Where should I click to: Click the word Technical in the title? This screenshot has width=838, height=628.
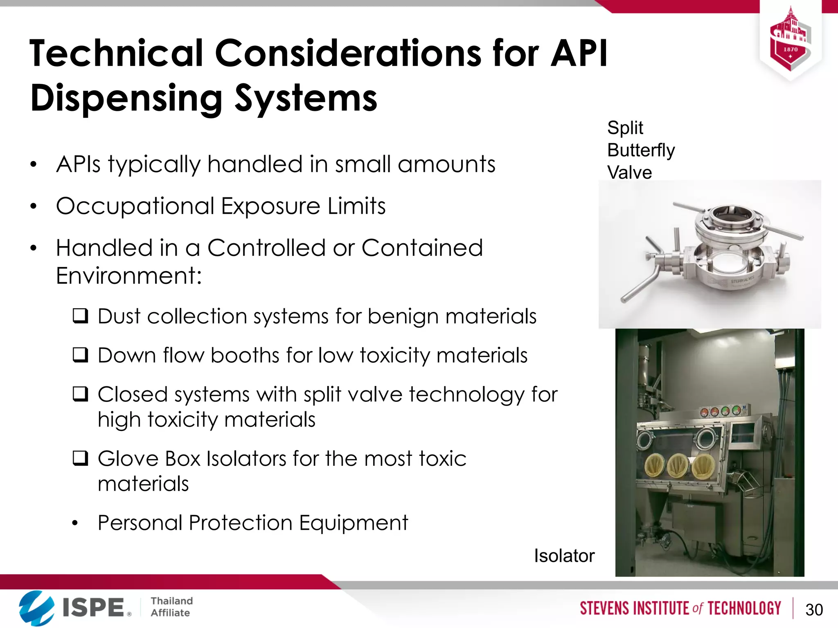pyautogui.click(x=116, y=54)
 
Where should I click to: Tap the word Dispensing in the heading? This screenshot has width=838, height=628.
pyautogui.click(x=126, y=99)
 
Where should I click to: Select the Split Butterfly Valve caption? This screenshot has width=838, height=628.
pyautogui.click(x=640, y=150)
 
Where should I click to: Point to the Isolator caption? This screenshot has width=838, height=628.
pyautogui.click(x=564, y=556)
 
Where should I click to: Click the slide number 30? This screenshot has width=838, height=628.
pyautogui.click(x=814, y=610)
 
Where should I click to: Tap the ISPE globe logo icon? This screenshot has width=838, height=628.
pyautogui.click(x=36, y=608)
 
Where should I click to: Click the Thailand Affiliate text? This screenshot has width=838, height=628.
pyautogui.click(x=171, y=607)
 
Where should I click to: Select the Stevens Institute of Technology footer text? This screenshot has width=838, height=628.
pyautogui.click(x=680, y=608)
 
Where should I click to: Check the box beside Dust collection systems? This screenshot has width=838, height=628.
pyautogui.click(x=80, y=316)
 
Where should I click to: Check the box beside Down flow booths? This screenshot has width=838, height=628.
pyautogui.click(x=80, y=355)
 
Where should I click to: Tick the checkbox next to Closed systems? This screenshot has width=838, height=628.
pyautogui.click(x=80, y=394)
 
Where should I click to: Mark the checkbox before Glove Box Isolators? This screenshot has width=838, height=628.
pyautogui.click(x=80, y=458)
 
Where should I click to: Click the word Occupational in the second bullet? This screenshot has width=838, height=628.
pyautogui.click(x=135, y=206)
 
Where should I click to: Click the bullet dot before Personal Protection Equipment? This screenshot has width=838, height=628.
pyautogui.click(x=74, y=523)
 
